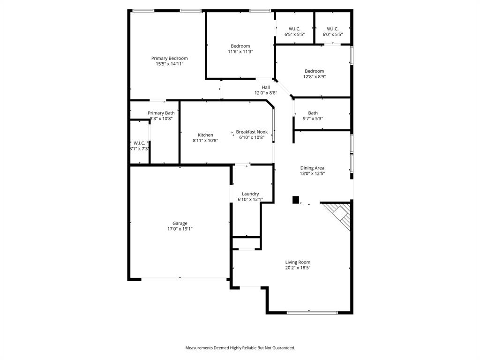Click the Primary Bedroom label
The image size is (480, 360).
click(169, 58)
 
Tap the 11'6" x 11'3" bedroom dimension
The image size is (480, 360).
click(240, 52)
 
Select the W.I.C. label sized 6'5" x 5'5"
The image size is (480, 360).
click(294, 29)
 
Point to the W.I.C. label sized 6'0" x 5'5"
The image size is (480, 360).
click(333, 29)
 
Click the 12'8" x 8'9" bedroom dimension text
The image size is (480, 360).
click(314, 77)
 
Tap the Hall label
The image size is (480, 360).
click(266, 87)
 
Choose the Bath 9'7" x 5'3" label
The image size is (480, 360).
click(313, 113)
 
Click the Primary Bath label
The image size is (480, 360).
click(161, 113)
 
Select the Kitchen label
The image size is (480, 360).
click(205, 135)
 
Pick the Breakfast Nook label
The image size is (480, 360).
click(252, 132)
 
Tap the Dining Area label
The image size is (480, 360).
click(312, 168)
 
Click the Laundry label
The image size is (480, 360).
click(250, 194)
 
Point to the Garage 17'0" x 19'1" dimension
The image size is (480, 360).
click(180, 229)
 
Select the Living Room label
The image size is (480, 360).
click(298, 262)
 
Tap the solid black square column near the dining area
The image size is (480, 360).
click(296, 200)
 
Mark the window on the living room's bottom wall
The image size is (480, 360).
click(312, 312)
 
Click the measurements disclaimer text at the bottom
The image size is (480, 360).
click(240, 348)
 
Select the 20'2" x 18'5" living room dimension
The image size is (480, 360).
click(298, 268)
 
